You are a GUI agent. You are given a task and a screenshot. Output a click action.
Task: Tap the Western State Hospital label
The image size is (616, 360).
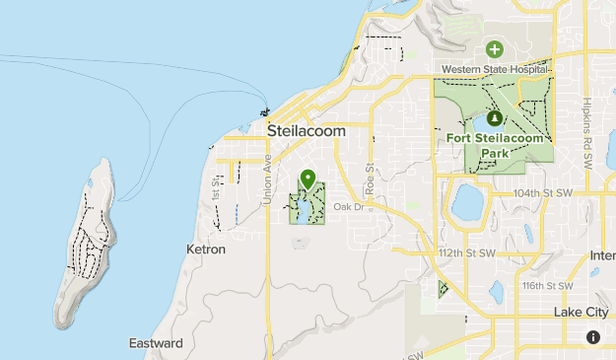(493, 69)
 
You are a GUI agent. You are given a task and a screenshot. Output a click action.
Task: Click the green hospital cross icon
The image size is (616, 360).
(494, 48)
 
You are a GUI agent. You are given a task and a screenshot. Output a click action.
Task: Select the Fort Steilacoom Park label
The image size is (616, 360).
(496, 145)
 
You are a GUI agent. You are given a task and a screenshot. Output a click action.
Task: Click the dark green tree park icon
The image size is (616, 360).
(494, 117)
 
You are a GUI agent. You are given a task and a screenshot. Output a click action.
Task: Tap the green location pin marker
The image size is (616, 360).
(308, 180)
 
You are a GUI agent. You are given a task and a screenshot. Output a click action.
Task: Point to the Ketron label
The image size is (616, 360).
(206, 250)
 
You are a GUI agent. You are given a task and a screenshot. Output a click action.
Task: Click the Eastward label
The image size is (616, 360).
(156, 343)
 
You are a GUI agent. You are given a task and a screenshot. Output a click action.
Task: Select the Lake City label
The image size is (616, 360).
(582, 311)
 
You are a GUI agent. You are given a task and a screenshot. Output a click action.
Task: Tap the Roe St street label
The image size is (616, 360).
(371, 180)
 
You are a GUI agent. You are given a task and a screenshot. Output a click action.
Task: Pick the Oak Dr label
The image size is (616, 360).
(348, 206)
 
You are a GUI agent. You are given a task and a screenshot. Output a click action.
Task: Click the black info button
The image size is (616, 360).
(593, 337)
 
